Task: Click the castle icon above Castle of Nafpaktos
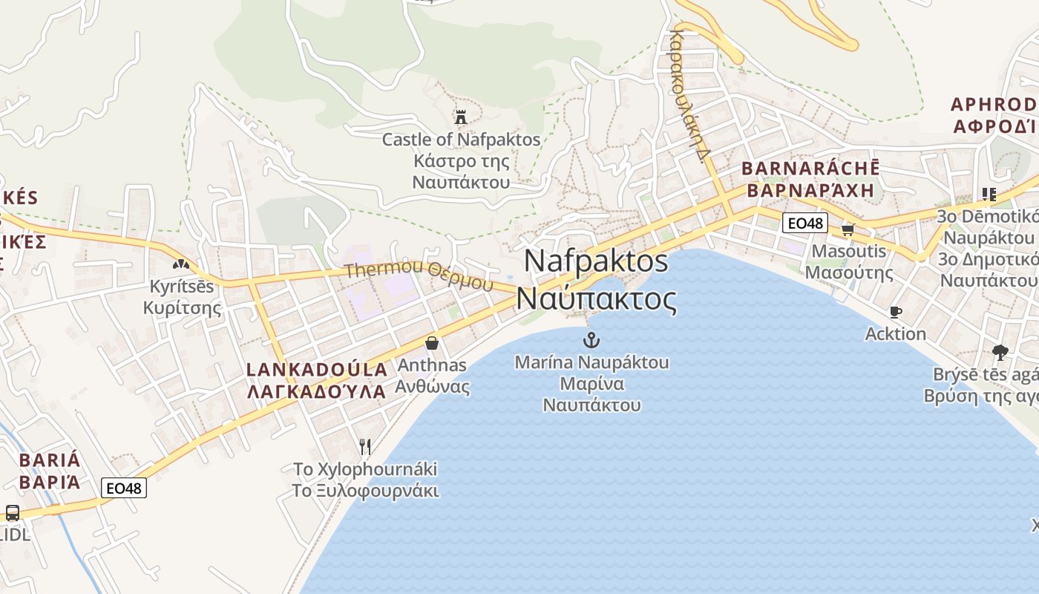click(x=461, y=117)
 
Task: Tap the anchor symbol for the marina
click(x=591, y=341)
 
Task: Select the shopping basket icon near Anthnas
click(x=431, y=343)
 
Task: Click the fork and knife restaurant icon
click(x=364, y=446)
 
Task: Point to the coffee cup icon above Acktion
click(x=895, y=313)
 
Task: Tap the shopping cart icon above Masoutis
click(x=848, y=229)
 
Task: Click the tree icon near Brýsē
click(x=1000, y=352)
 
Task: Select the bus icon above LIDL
click(x=13, y=512)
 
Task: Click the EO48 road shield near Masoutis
click(x=805, y=223)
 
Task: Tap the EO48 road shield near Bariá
click(x=124, y=488)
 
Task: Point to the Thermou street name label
click(x=419, y=274)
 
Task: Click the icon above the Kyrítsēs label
click(x=180, y=264)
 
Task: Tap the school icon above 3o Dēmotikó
click(x=989, y=195)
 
